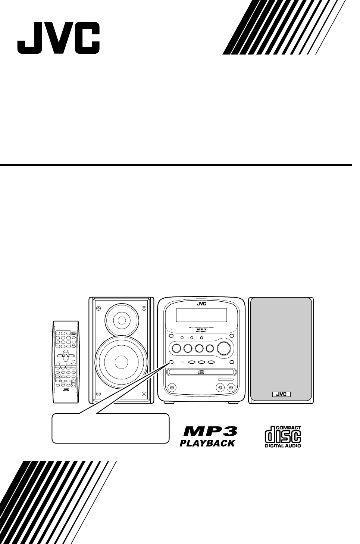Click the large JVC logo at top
tap(58, 38)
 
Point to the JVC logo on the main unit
tap(201, 304)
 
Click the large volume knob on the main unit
tap(224, 348)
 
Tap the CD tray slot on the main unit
tap(201, 372)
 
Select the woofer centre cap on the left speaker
tap(120, 362)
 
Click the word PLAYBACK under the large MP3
tap(208, 443)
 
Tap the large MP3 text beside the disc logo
tap(210, 432)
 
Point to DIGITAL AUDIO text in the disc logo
tap(283, 445)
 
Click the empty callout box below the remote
tap(110, 428)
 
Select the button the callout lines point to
tap(171, 362)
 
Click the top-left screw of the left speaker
tap(98, 308)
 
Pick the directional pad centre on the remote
tap(66, 355)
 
